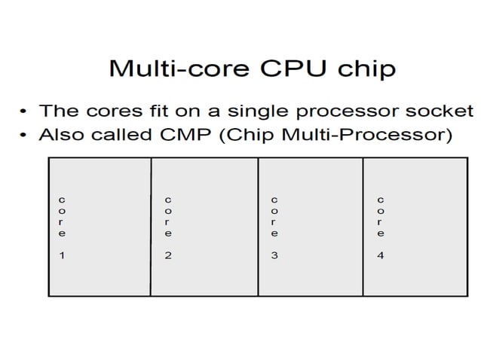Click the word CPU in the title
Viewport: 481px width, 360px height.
(296, 69)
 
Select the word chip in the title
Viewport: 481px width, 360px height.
(365, 69)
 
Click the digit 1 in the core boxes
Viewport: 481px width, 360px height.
(62, 256)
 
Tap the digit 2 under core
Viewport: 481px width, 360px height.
(168, 256)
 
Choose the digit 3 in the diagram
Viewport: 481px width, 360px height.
(274, 256)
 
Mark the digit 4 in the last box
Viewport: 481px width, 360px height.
(381, 256)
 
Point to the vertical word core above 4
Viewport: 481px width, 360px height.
(381, 217)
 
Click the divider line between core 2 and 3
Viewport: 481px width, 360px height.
(258, 226)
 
